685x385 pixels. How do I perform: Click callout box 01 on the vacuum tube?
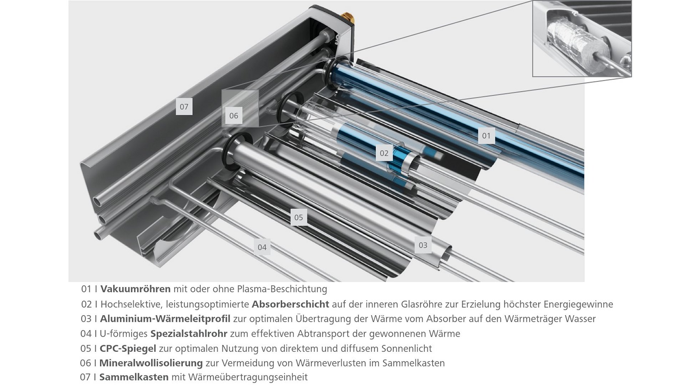(x=486, y=135)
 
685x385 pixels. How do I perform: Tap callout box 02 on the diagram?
(x=384, y=153)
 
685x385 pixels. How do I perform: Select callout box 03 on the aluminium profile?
(x=423, y=245)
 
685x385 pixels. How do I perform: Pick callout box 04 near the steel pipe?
(x=262, y=247)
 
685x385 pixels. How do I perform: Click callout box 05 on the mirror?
(x=299, y=217)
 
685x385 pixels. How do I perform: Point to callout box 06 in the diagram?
(x=234, y=115)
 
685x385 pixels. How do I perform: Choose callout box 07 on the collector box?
(x=184, y=106)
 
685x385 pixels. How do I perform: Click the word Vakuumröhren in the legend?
(x=136, y=289)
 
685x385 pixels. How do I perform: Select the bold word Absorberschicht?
(x=290, y=304)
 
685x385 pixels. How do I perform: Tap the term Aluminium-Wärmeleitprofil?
(x=165, y=318)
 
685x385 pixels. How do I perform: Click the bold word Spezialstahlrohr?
(x=189, y=334)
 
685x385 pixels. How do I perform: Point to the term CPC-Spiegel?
(x=128, y=348)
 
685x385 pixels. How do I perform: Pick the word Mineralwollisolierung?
(x=151, y=363)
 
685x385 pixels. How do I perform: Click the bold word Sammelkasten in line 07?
(x=134, y=377)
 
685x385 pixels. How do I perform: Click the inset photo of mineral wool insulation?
(x=582, y=38)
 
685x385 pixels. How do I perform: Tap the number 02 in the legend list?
(x=86, y=304)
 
